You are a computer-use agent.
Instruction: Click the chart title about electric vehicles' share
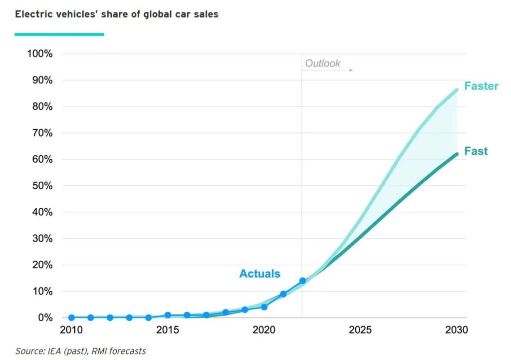[x=116, y=14]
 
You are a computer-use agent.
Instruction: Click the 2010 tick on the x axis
[x=71, y=331]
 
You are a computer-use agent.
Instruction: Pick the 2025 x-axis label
[x=360, y=331]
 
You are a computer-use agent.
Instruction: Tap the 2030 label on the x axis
[x=456, y=331]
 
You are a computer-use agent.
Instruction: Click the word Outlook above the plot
[x=322, y=63]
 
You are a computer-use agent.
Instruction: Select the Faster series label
[x=481, y=86]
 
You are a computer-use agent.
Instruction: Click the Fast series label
[x=476, y=151]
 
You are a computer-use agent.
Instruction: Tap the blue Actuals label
[x=259, y=274]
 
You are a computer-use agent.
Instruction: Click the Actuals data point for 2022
[x=302, y=281]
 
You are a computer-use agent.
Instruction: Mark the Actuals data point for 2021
[x=283, y=294]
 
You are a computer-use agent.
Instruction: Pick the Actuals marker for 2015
[x=168, y=315]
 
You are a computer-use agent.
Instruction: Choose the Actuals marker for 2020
[x=264, y=307]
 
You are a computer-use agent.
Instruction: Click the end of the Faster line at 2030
[x=457, y=90]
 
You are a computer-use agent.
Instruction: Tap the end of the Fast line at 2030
[x=457, y=154]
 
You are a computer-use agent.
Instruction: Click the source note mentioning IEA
[x=80, y=352]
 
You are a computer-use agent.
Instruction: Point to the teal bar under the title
[x=59, y=34]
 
